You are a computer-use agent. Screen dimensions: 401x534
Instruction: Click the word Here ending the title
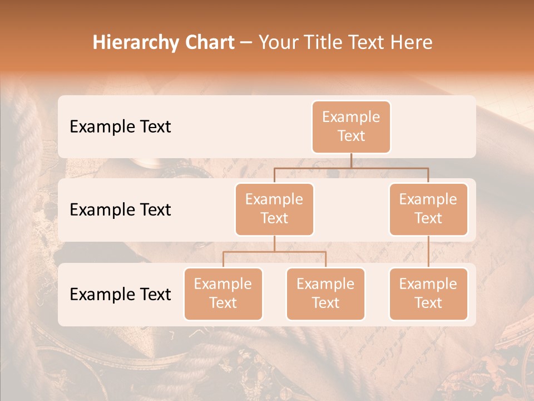pyautogui.click(x=412, y=42)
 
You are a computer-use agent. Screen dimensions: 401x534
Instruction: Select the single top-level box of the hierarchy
pyautogui.click(x=351, y=126)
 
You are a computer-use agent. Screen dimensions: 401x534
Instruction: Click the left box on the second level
pyautogui.click(x=274, y=209)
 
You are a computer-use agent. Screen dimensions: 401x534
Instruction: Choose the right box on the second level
pyautogui.click(x=428, y=209)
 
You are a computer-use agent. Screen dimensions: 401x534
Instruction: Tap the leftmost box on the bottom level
pyautogui.click(x=223, y=294)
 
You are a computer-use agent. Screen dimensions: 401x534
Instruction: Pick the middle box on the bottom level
pyautogui.click(x=325, y=294)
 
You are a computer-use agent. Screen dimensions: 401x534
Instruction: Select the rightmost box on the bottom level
pyautogui.click(x=428, y=294)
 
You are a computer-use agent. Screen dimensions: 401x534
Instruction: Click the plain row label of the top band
pyautogui.click(x=120, y=126)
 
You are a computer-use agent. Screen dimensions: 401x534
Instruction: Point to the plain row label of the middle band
pyautogui.click(x=120, y=209)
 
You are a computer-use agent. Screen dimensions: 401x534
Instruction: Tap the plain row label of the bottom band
pyautogui.click(x=120, y=294)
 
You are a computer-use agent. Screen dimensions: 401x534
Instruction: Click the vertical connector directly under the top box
pyautogui.click(x=351, y=160)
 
